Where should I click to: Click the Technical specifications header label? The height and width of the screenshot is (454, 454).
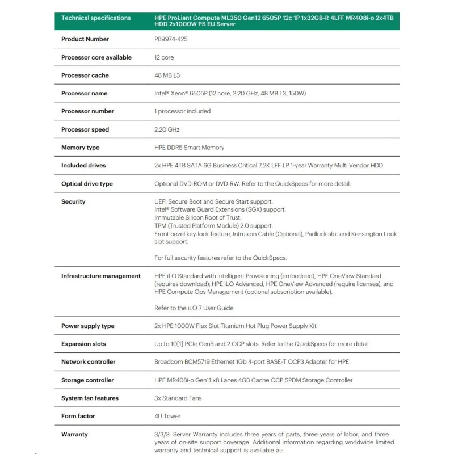tap(96, 18)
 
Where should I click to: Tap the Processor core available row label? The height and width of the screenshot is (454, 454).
tap(96, 57)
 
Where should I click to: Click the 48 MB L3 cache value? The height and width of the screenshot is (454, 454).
tap(167, 75)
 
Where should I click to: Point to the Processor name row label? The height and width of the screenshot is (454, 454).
tap(84, 93)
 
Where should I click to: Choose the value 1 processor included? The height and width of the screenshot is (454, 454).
tap(182, 111)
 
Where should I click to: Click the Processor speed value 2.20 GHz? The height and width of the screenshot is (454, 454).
tap(167, 129)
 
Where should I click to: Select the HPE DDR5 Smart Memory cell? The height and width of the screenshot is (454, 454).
tap(189, 148)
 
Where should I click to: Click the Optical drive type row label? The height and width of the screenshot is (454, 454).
tap(87, 184)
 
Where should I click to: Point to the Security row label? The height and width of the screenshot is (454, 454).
tap(73, 201)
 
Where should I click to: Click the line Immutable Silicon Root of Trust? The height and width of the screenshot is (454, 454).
tap(197, 217)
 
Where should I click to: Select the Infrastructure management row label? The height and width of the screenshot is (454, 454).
tap(101, 276)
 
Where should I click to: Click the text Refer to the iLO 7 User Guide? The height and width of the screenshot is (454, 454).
tap(194, 308)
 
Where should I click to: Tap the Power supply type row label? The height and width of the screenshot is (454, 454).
tap(87, 326)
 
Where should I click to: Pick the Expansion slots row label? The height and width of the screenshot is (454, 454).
tap(83, 344)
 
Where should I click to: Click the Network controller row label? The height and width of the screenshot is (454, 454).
tap(88, 362)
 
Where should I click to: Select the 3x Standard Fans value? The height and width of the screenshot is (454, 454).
tap(178, 398)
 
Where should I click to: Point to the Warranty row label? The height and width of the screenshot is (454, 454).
tap(74, 434)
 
